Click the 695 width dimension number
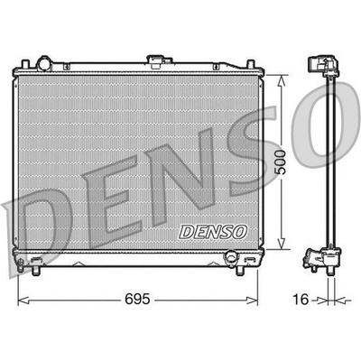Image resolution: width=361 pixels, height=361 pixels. [x=137, y=299]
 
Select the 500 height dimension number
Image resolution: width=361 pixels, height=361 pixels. [x=281, y=162]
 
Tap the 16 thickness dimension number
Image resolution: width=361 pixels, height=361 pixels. [x=301, y=300]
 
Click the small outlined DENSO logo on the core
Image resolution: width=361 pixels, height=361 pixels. [x=213, y=232]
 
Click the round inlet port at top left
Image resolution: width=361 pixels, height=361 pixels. [x=44, y=63]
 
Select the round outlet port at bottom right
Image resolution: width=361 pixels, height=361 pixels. [x=232, y=257]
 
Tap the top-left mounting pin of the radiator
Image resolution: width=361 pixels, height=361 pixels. [x=25, y=65]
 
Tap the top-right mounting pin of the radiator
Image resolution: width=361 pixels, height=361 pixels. [x=251, y=65]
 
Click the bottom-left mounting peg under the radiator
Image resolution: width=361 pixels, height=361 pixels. [x=36, y=270]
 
